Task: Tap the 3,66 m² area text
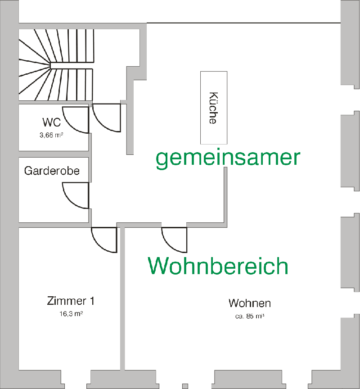click(x=51, y=134)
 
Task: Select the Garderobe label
click(x=52, y=171)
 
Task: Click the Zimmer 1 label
click(x=70, y=301)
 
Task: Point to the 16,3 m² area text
click(x=70, y=314)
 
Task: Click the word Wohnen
click(x=249, y=303)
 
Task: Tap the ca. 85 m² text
click(x=249, y=316)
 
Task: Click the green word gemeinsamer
click(x=228, y=158)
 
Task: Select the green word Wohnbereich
click(x=218, y=266)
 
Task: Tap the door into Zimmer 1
click(x=104, y=240)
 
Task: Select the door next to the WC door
click(x=107, y=118)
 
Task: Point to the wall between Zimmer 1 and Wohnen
click(x=122, y=306)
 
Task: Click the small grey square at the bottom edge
click(x=184, y=386)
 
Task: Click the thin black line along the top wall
click(x=243, y=23)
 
